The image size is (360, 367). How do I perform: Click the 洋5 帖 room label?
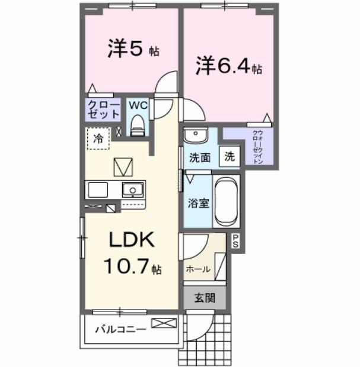coord(133,50)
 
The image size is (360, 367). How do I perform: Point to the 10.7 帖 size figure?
coord(132,268)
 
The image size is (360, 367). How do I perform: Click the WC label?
coord(138,105)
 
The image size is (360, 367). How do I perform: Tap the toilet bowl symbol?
coord(138,125)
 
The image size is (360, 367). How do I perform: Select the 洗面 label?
coord(200,158)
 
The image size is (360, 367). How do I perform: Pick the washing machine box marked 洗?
coord(229,157)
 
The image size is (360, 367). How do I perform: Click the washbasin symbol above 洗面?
coord(194,136)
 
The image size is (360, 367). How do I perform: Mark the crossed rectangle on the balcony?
coord(164,323)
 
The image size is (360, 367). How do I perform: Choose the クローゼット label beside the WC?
coord(103,110)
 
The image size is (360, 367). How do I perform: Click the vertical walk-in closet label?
coord(257,147)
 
